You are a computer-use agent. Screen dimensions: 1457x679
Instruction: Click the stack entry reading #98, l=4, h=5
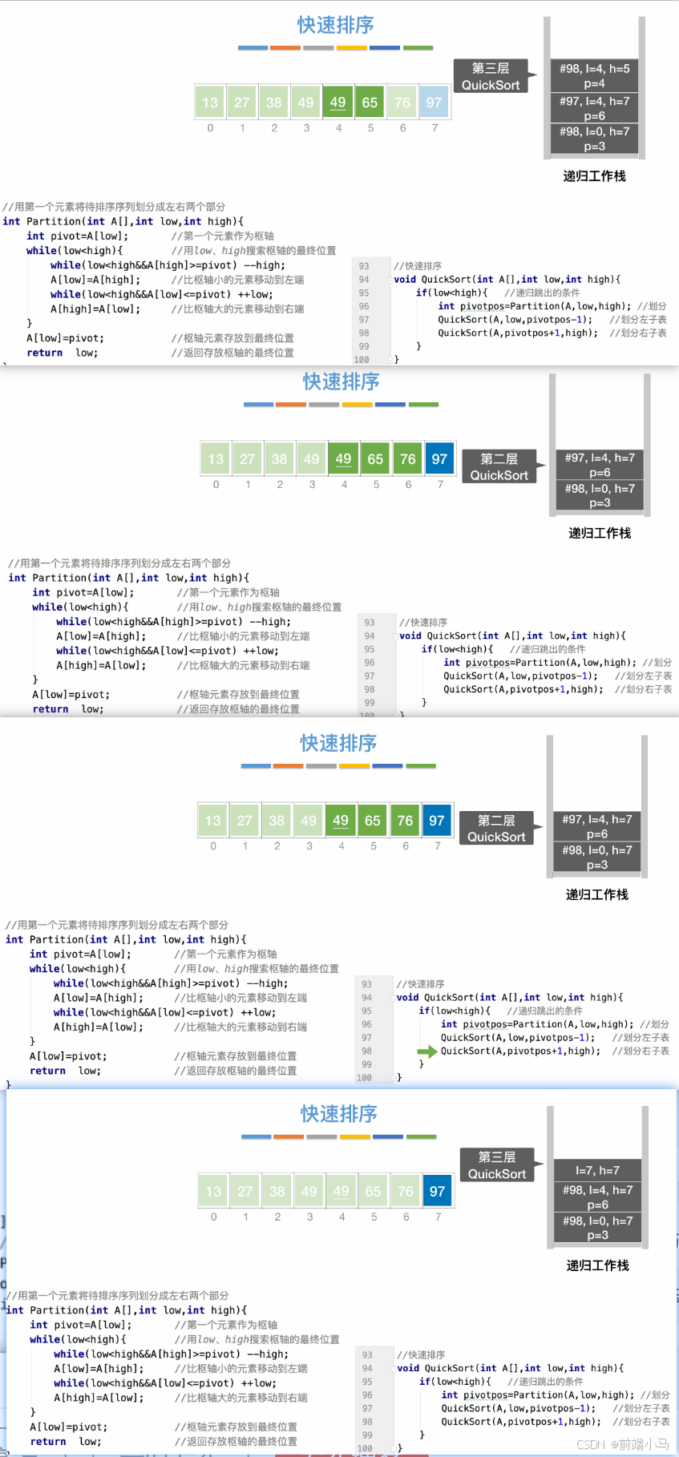coord(594,75)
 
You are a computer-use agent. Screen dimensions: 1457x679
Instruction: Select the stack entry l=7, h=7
coord(597,1170)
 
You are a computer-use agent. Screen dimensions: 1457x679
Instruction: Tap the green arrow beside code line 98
coord(426,1051)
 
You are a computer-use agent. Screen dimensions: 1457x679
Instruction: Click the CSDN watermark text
coord(622,1443)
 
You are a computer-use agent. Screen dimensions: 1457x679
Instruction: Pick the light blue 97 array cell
coord(434,103)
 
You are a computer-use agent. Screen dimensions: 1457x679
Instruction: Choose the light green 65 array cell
coord(373,1191)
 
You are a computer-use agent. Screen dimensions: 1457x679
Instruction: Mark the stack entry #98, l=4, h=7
coord(597,1197)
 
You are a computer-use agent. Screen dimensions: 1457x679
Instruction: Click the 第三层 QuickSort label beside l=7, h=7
coord(497,1165)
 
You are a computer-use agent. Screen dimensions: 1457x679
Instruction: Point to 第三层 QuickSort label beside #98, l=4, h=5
coord(491,77)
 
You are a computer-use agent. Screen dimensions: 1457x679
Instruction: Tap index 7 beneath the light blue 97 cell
coord(434,128)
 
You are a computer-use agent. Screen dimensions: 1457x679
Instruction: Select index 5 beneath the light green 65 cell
coord(374,1217)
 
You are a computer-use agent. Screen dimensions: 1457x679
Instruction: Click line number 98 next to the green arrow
coord(366,1051)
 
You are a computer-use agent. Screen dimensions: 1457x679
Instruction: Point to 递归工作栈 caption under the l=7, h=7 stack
coord(597,1265)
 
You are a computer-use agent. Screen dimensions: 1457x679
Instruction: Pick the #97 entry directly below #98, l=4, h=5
coord(594,108)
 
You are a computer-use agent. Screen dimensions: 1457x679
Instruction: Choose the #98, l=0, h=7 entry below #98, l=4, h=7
coord(597,1228)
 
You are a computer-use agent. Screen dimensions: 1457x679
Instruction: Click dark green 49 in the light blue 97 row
coord(337,103)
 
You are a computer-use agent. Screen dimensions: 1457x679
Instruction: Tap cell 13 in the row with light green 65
coord(213,1191)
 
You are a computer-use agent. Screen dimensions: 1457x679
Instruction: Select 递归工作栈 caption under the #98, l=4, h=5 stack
coord(594,176)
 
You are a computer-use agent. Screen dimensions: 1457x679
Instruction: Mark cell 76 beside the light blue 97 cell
coord(402,103)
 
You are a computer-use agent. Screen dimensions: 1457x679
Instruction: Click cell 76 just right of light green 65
coord(405,1191)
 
